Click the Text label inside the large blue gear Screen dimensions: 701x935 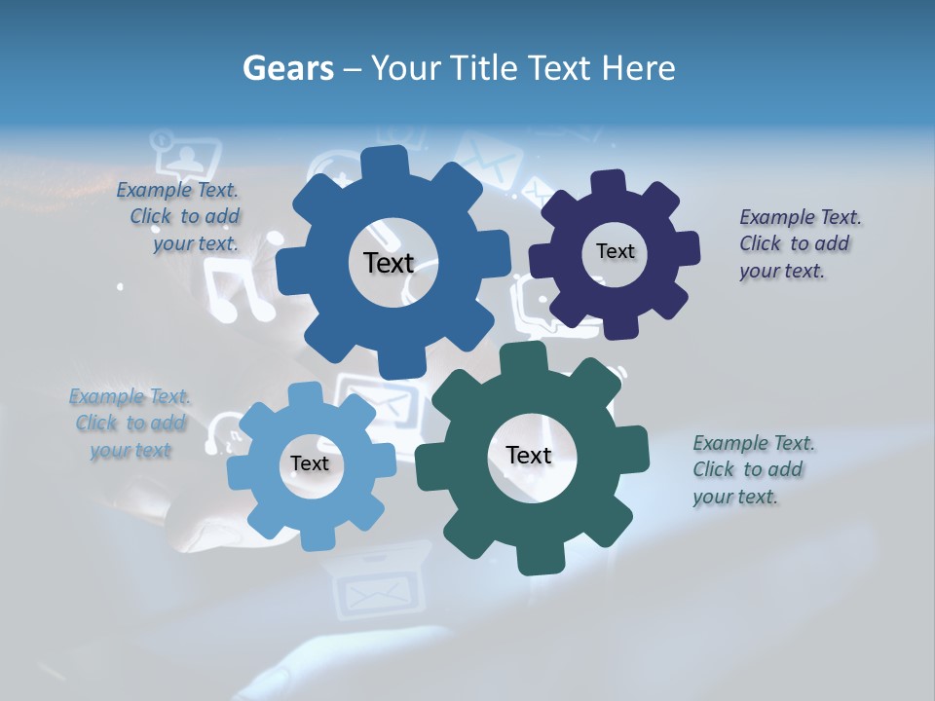coord(389,263)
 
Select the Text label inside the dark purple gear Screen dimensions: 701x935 coord(615,251)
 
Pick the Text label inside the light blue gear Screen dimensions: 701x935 coord(310,463)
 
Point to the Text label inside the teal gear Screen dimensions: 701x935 coord(529,455)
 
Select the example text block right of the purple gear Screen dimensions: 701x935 coord(799,243)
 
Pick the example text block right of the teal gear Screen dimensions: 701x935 coord(752,469)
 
